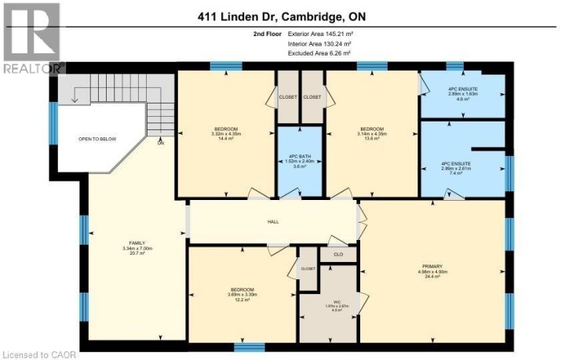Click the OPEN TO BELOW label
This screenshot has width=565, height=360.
coord(97,138)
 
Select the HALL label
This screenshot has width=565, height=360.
coord(272,222)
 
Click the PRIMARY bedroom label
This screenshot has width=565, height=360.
coord(432,271)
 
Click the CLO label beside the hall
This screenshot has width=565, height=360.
coord(338,254)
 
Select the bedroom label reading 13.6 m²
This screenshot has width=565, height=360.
coord(371,133)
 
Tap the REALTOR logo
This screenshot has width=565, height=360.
coord(31,38)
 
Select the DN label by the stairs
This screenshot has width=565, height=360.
coord(160,144)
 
